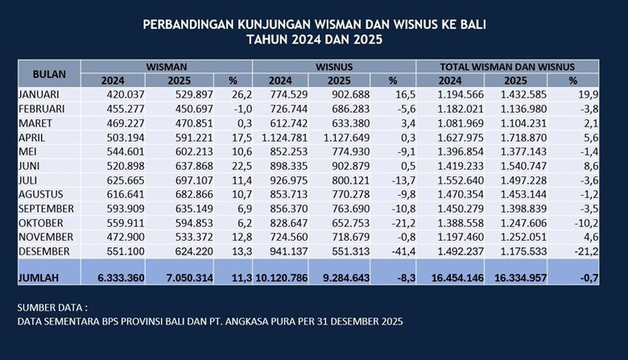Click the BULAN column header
[x=49, y=73]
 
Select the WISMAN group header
[x=167, y=66]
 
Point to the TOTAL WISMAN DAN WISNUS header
[x=507, y=66]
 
